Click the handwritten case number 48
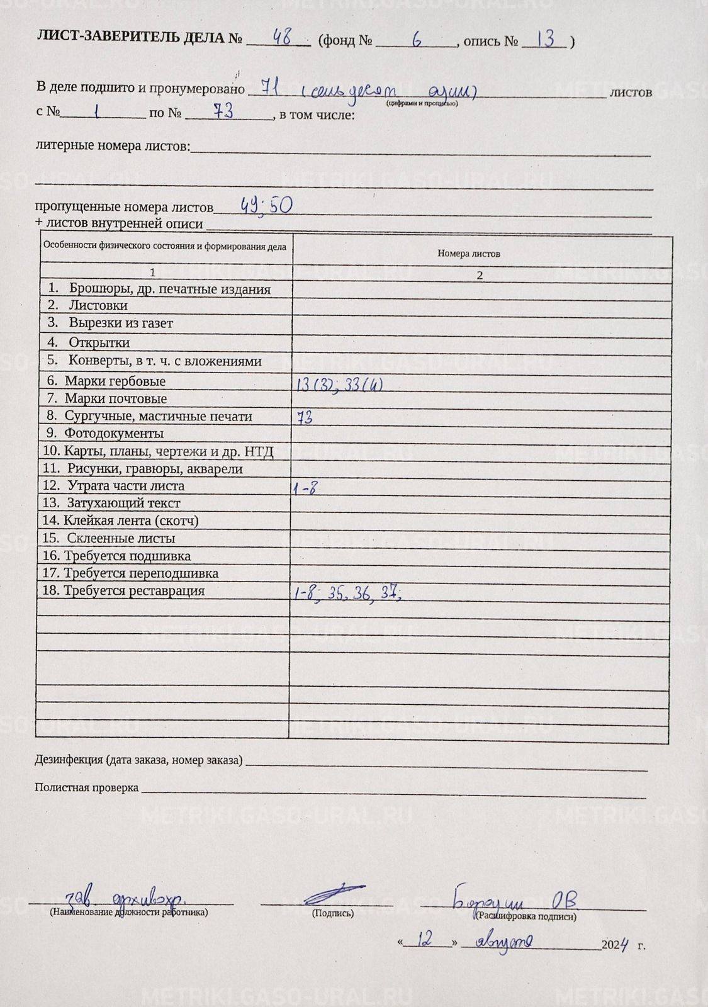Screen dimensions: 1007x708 [280, 38]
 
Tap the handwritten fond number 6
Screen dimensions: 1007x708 [416, 39]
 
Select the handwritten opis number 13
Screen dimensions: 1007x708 [546, 39]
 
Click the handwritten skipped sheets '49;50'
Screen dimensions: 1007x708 [267, 205]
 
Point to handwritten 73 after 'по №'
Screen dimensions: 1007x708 [223, 111]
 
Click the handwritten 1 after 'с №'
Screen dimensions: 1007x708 [96, 112]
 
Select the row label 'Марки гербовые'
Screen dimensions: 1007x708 [115, 381]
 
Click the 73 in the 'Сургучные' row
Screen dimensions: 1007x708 [305, 417]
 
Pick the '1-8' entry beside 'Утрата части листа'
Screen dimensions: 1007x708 [305, 487]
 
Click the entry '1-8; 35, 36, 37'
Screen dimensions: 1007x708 [347, 594]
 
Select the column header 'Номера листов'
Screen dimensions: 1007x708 [469, 254]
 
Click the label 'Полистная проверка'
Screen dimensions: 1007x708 [86, 787]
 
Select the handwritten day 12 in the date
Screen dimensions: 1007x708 [427, 940]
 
